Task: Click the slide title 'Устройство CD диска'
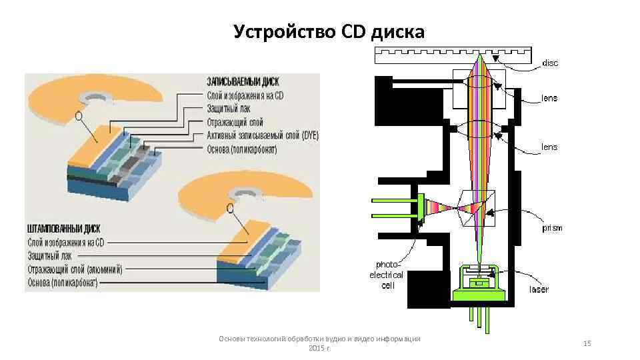pyautogui.click(x=329, y=31)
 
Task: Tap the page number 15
pyautogui.click(x=587, y=343)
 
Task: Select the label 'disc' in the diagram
pyautogui.click(x=551, y=63)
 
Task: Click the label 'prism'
pyautogui.click(x=551, y=228)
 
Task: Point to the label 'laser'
pyautogui.click(x=539, y=289)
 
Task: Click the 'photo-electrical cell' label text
pyautogui.click(x=387, y=275)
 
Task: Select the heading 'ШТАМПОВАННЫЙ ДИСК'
pyautogui.click(x=65, y=227)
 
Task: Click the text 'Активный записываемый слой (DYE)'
pyautogui.click(x=263, y=135)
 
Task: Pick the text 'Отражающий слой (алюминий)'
pyautogui.click(x=75, y=269)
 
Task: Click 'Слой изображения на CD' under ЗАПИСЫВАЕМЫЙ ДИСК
pyautogui.click(x=245, y=95)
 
